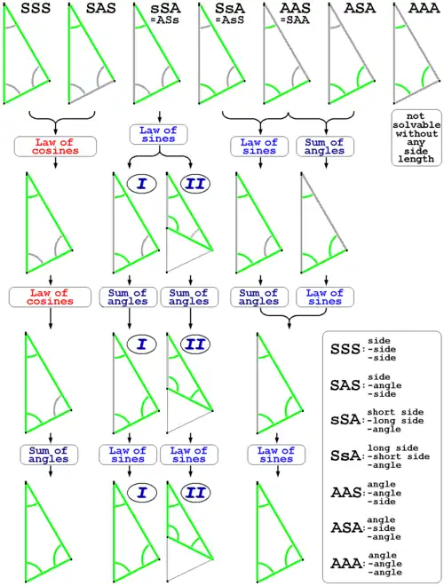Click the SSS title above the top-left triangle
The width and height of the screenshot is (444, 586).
tap(36, 8)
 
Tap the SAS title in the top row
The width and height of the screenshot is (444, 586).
tap(101, 8)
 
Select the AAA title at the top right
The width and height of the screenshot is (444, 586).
tap(424, 8)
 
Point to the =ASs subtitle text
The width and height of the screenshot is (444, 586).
tap(164, 20)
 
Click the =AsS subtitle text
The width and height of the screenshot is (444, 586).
tap(230, 20)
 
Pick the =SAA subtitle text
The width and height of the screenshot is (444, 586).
tap(295, 20)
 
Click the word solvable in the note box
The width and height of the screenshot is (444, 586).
tap(416, 125)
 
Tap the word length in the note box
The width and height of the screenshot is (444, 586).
tap(416, 159)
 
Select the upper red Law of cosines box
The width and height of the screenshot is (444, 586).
tap(55, 146)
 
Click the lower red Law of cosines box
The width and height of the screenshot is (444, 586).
tap(50, 297)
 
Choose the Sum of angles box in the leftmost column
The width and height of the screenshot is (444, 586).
tap(49, 455)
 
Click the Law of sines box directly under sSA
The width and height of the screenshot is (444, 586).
tap(158, 134)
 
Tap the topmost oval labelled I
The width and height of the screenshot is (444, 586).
tap(142, 184)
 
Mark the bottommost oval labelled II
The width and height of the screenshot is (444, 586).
tap(195, 493)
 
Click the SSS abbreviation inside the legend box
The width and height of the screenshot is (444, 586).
tap(345, 350)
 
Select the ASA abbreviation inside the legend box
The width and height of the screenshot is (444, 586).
tap(345, 528)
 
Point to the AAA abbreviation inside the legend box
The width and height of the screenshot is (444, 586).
tap(345, 564)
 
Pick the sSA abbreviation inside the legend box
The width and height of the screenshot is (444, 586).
tap(345, 421)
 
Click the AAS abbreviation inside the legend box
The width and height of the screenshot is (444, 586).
tap(345, 493)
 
